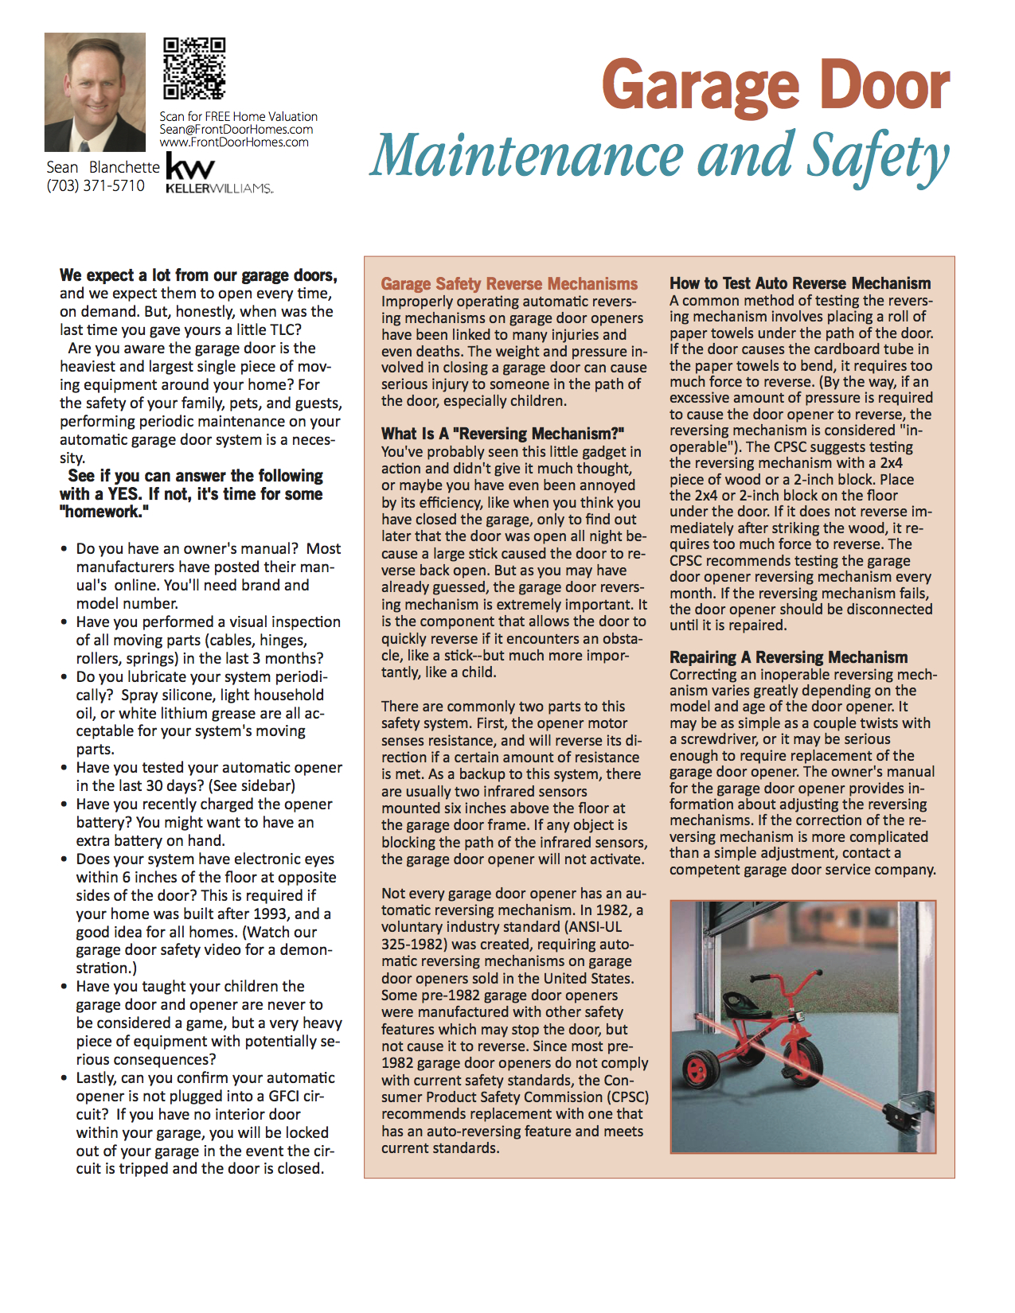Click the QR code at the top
pos(194,69)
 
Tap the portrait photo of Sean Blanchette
pos(95,92)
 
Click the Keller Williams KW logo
pos(191,169)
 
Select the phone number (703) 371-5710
pos(96,186)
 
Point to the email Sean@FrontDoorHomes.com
pos(236,130)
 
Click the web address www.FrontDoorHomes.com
pos(234,142)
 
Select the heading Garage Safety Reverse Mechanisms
pos(509,284)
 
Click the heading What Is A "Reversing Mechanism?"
pos(502,434)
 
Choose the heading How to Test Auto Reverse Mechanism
pos(800,283)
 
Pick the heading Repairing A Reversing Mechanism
pos(788,657)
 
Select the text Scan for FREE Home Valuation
pos(238,117)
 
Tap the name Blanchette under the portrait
pos(124,167)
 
